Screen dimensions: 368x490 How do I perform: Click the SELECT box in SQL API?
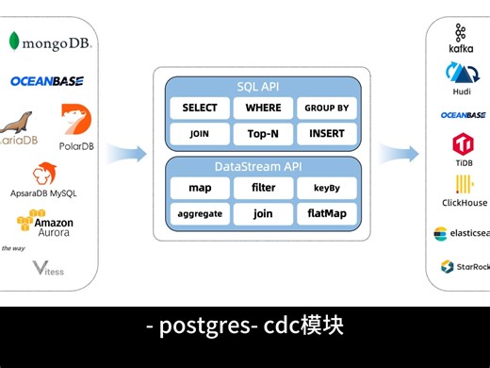[200, 109]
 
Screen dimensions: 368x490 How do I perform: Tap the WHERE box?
[263, 109]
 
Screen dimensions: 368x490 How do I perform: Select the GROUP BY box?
[327, 109]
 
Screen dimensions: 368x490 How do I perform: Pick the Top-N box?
[263, 134]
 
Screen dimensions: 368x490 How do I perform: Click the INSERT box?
[327, 134]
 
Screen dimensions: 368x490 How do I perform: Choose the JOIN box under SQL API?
[200, 134]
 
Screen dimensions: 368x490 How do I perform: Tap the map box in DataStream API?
[200, 188]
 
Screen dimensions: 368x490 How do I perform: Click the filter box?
[263, 188]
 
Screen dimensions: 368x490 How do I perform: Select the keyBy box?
[327, 188]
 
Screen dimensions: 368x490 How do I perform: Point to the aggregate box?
[200, 214]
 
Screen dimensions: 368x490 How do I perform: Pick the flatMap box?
[327, 214]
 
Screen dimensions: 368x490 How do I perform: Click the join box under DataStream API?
[263, 214]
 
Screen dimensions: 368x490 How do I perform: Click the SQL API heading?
[263, 86]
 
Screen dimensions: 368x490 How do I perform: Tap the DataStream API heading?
[263, 166]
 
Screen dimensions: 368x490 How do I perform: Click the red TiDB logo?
[464, 145]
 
